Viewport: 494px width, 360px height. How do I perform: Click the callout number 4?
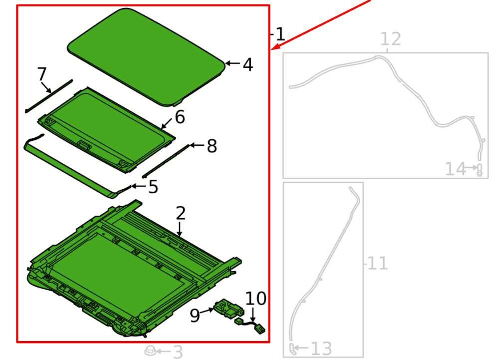[x=248, y=64]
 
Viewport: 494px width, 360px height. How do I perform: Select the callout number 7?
[x=42, y=74]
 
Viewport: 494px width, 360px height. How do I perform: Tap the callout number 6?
[x=180, y=117]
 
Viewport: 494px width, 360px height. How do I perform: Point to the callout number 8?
[x=212, y=146]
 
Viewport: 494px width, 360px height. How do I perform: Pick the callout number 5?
[x=153, y=187]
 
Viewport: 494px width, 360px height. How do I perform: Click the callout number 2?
[x=181, y=213]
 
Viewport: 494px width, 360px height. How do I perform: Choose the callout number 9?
[x=195, y=315]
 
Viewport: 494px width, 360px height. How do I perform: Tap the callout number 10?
[x=255, y=298]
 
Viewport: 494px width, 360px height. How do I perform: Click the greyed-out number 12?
[x=391, y=39]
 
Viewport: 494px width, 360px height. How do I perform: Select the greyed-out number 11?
[x=377, y=263]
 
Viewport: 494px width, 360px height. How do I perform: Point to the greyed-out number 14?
[x=455, y=169]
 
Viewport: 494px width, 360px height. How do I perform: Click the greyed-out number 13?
[x=321, y=349]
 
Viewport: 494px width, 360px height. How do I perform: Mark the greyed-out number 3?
[x=178, y=352]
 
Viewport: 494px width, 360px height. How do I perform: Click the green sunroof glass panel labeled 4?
[x=147, y=57]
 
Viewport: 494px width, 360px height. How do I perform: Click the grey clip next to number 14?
[x=480, y=170]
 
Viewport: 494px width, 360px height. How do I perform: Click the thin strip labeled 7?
[x=49, y=96]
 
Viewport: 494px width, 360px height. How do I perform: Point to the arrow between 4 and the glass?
[x=233, y=63]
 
